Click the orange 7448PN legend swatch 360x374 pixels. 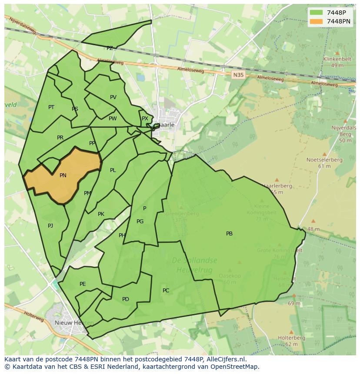[x=316, y=21]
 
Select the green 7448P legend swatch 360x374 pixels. [x=316, y=13]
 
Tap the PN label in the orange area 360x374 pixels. [x=63, y=175]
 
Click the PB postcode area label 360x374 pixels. [x=229, y=234]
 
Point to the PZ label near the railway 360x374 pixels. [x=110, y=48]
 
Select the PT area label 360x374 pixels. [x=51, y=107]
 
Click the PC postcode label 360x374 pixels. [x=166, y=291]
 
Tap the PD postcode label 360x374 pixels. [x=126, y=299]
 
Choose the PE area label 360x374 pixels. [x=83, y=284]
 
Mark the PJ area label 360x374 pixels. [x=50, y=226]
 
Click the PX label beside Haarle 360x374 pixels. [x=145, y=119]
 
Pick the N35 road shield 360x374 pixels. [x=238, y=75]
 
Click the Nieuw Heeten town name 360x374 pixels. [x=74, y=323]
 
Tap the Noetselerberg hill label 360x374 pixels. [x=324, y=160]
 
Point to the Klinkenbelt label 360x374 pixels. [x=337, y=59]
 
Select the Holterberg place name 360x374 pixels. [x=291, y=338]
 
